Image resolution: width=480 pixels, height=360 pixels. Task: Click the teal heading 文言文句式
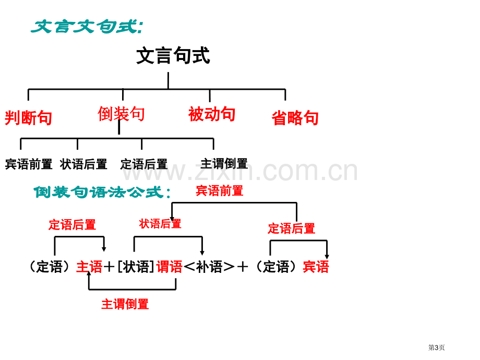pyautogui.click(x=87, y=27)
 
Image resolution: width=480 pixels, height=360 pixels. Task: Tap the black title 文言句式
pyautogui.click(x=173, y=55)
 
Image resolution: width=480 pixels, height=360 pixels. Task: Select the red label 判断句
pyautogui.click(x=28, y=118)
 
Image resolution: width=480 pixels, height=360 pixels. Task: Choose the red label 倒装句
pyautogui.click(x=121, y=114)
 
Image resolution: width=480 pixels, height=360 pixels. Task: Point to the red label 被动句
pyautogui.click(x=212, y=114)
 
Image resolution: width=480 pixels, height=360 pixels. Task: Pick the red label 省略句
pyautogui.click(x=295, y=118)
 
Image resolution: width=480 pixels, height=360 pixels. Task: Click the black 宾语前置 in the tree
pyautogui.click(x=29, y=164)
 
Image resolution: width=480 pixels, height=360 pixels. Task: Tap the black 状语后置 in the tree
pyautogui.click(x=83, y=164)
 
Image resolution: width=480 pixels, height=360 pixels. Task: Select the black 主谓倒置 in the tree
pyautogui.click(x=224, y=163)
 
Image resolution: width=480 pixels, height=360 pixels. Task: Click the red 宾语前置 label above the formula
pyautogui.click(x=220, y=191)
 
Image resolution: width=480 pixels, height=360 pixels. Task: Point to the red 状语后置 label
pyautogui.click(x=160, y=223)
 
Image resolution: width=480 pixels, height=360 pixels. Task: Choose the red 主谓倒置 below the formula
pyautogui.click(x=125, y=304)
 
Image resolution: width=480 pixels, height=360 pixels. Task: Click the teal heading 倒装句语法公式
pyautogui.click(x=102, y=192)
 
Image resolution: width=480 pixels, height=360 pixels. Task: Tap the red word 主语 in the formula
pyautogui.click(x=89, y=267)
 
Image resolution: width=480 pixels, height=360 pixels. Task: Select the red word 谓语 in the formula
pyautogui.click(x=169, y=267)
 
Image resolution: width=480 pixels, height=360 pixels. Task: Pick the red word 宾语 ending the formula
pyautogui.click(x=316, y=267)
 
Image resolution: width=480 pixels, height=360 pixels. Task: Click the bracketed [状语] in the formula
pyautogui.click(x=136, y=267)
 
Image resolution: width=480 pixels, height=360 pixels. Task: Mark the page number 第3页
pyautogui.click(x=436, y=347)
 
